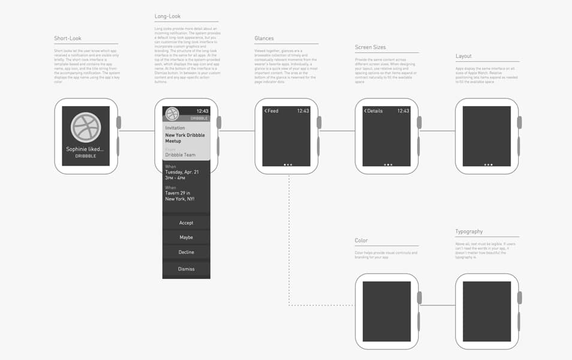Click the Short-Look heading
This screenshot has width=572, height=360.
click(x=68, y=38)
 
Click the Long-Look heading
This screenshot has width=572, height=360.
click(x=167, y=16)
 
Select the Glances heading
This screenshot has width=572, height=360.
click(x=264, y=38)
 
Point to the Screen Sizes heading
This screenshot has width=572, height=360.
click(x=371, y=47)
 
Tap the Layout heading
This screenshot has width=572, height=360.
click(x=463, y=56)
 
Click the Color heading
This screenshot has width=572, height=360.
click(x=361, y=241)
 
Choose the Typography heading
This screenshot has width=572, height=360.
click(x=469, y=232)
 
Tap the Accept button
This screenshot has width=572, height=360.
click(x=186, y=223)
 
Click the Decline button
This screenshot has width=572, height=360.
click(x=186, y=252)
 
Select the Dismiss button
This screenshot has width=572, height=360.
click(x=186, y=269)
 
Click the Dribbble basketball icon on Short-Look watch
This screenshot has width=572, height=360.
click(x=86, y=127)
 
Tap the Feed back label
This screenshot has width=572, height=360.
click(x=272, y=111)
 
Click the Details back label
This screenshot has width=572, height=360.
click(x=373, y=111)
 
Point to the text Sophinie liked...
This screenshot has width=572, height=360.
click(x=85, y=149)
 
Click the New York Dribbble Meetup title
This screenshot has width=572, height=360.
click(x=185, y=138)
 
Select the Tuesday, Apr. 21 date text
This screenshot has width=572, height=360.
click(x=182, y=172)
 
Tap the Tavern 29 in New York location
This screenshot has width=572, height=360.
click(x=180, y=196)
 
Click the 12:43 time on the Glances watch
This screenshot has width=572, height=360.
click(x=303, y=111)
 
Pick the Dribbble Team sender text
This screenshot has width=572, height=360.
click(x=180, y=155)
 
